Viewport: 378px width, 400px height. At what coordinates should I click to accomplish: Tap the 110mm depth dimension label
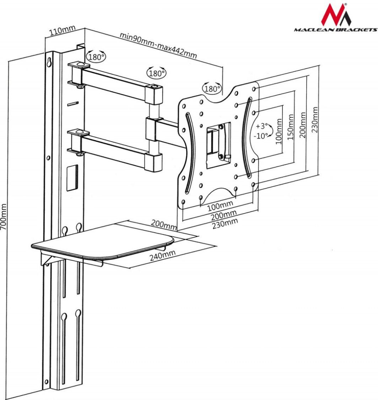60,31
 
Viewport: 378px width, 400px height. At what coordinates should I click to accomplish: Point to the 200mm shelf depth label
164,224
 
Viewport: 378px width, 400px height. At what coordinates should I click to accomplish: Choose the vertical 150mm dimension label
291,127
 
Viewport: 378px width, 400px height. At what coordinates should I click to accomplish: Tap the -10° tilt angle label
261,136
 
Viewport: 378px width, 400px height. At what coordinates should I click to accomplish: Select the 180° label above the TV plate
212,89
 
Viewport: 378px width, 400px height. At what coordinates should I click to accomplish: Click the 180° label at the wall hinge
96,56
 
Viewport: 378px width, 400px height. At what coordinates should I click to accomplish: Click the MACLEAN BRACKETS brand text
335,30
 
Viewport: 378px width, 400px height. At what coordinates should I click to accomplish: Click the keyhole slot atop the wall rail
48,62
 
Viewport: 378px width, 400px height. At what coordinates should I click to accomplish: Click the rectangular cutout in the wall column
72,177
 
